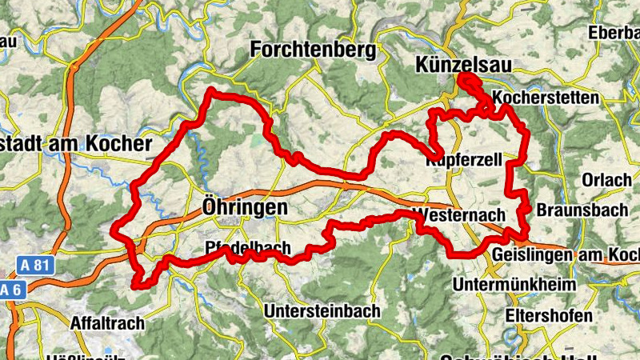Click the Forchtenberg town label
click(x=313, y=50)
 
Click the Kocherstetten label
click(x=546, y=98)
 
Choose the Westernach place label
click(x=459, y=215)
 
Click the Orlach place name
click(x=607, y=180)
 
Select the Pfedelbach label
click(x=247, y=247)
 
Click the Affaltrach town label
click(x=108, y=323)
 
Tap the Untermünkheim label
click(x=514, y=285)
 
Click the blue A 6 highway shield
click(x=9, y=289)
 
